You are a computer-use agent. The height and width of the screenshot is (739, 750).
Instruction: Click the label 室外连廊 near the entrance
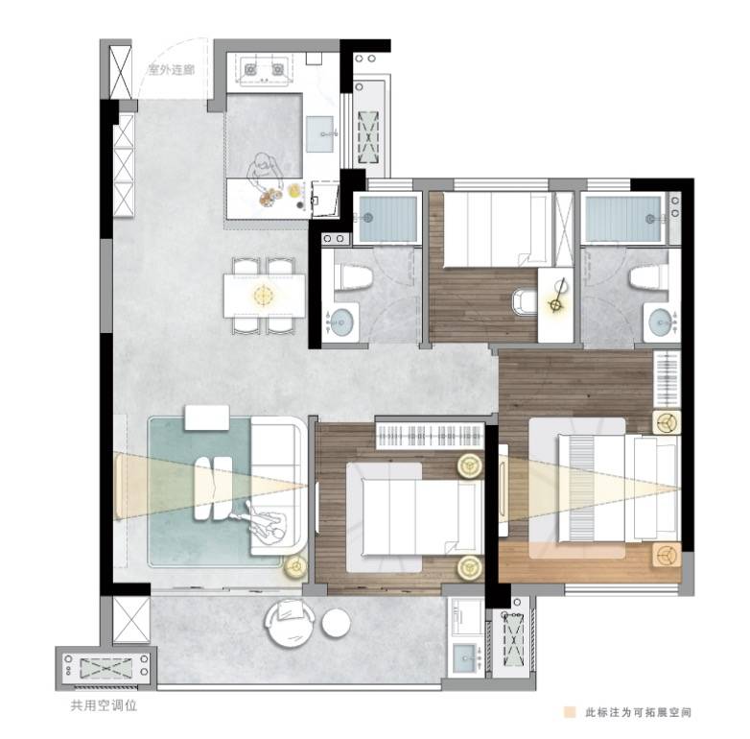(172, 70)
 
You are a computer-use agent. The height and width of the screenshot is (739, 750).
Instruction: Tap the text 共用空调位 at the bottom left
(104, 705)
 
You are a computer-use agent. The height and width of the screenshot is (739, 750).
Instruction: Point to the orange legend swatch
(569, 712)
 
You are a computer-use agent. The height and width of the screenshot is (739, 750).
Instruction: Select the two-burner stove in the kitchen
(264, 69)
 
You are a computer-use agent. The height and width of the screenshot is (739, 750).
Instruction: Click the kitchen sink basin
(320, 134)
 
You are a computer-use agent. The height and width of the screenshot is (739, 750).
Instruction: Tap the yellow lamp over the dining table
(264, 295)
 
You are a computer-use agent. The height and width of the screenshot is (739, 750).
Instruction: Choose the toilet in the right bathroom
(648, 277)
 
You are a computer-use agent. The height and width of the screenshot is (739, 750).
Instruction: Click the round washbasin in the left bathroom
(341, 321)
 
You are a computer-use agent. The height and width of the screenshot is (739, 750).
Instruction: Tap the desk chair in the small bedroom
(525, 301)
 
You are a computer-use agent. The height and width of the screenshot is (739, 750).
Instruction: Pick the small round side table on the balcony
(336, 623)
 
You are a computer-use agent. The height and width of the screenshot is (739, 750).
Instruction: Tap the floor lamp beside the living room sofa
(295, 566)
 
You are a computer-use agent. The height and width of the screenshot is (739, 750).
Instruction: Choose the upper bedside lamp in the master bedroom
(667, 421)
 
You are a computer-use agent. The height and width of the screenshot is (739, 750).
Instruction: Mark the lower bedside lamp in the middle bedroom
(470, 568)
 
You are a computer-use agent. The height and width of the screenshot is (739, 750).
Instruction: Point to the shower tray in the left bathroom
(387, 219)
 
